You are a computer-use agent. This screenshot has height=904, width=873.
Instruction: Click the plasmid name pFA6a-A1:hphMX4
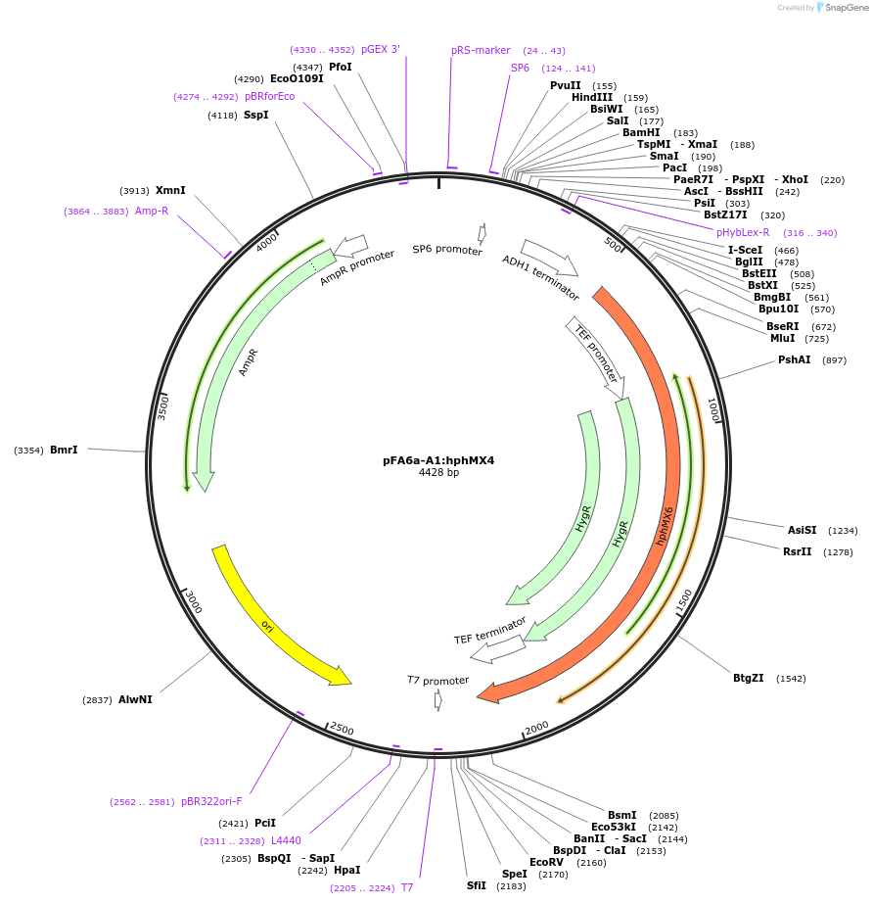438,460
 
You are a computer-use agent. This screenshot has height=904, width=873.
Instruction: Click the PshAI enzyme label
794,359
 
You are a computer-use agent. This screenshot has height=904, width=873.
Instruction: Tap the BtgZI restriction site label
749,678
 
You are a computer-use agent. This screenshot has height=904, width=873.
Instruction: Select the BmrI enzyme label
64,450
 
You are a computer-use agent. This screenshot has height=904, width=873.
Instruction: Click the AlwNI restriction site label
135,699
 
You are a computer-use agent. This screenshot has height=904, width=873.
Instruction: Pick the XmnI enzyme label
170,190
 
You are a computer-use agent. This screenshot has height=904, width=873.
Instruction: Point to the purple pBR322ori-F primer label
211,801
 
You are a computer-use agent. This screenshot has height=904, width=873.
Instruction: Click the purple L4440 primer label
286,840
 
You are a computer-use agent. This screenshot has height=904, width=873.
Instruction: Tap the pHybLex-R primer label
743,232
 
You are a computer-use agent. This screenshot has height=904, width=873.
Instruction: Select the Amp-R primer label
152,211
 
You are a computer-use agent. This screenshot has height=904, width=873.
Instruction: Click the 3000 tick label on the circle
193,602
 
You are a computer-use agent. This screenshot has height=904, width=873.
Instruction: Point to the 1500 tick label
684,601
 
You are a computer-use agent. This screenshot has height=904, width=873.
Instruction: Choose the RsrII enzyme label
797,551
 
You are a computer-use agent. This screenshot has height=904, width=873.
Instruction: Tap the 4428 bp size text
438,472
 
